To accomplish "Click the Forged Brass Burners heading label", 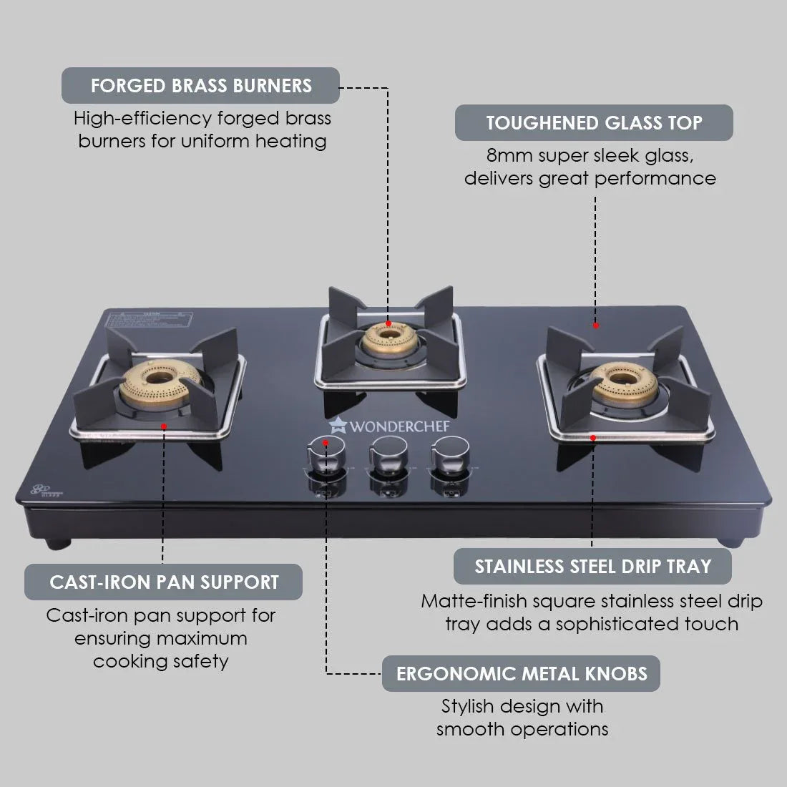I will click(x=201, y=86).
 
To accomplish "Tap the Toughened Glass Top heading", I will click(x=594, y=122).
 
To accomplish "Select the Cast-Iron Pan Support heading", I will click(x=164, y=582).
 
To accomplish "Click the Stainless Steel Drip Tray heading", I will click(x=592, y=567).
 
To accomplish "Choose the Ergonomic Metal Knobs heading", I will click(x=521, y=673).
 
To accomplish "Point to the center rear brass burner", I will click(x=387, y=338).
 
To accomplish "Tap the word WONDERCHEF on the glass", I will click(x=399, y=427).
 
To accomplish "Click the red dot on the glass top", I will click(x=595, y=326).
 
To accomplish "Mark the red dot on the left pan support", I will click(x=164, y=426).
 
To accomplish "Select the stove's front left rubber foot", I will click(x=57, y=543).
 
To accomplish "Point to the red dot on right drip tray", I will click(x=592, y=437).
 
